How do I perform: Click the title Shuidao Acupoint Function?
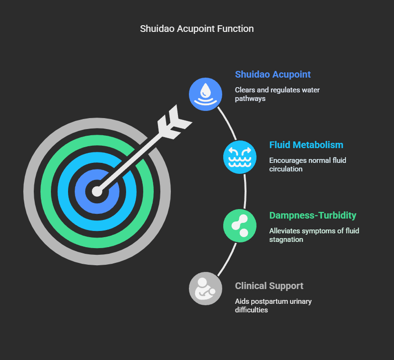coord(197,29)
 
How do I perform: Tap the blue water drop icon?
coord(206,94)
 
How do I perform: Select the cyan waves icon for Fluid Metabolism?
coord(240,158)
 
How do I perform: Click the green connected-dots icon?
coord(240,226)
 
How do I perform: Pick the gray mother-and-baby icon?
coord(206,289)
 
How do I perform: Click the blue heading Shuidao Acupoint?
coord(273,75)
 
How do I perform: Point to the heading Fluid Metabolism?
coord(306,145)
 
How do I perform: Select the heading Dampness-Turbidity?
coord(313,215)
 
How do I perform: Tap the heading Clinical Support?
coord(269,286)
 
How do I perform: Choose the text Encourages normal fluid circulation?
coord(307,164)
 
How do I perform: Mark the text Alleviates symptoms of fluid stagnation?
coord(314,235)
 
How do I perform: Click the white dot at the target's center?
coord(97,191)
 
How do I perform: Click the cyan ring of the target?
coord(65,191)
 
